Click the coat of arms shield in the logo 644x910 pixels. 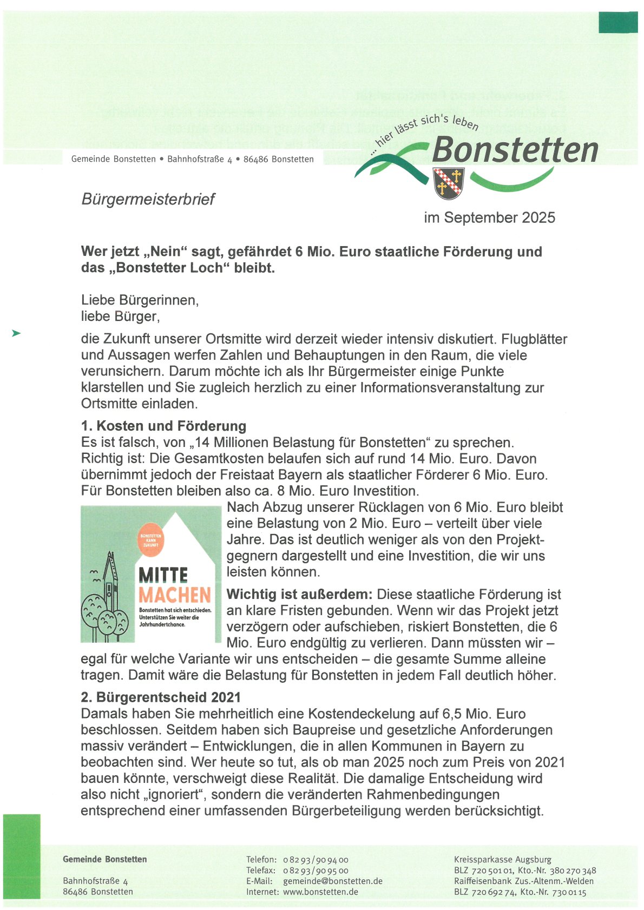click(x=449, y=183)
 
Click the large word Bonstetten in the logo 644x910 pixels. click(x=515, y=150)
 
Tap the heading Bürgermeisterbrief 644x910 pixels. click(x=148, y=199)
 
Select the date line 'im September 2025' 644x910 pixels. click(x=489, y=217)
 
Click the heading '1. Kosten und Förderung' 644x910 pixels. click(x=163, y=426)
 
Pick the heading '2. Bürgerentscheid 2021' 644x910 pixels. click(x=161, y=697)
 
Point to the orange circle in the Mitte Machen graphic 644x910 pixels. click(x=151, y=540)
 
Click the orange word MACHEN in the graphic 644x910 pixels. click(x=175, y=595)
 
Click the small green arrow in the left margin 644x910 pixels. click(x=16, y=333)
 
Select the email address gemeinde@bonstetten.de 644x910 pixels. click(x=332, y=881)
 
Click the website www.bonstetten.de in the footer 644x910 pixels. click(x=320, y=892)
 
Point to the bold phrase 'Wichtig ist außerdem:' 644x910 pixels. click(x=299, y=594)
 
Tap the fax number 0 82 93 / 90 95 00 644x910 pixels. click(x=316, y=870)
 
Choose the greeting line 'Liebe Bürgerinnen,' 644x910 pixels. click(x=140, y=300)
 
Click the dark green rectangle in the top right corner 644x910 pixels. click(x=618, y=22)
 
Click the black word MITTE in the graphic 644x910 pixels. click(x=163, y=575)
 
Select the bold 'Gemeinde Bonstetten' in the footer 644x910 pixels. click(x=105, y=859)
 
